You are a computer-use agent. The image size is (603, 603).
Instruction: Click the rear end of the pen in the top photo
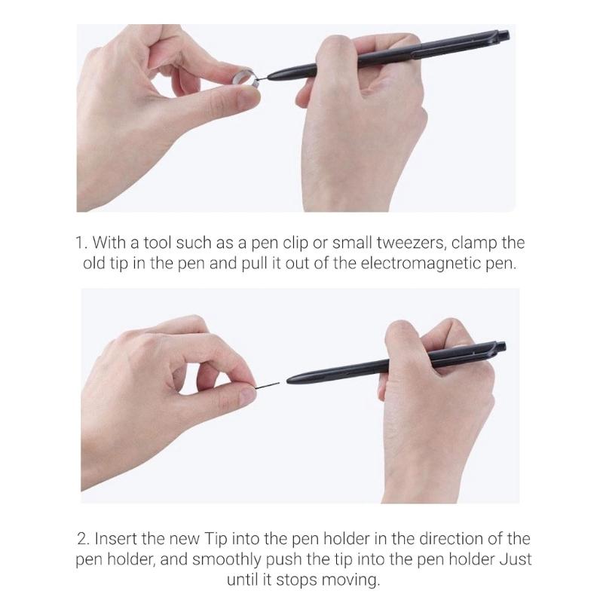[504, 35]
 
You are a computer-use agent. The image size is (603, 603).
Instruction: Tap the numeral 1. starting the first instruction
[81, 244]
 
